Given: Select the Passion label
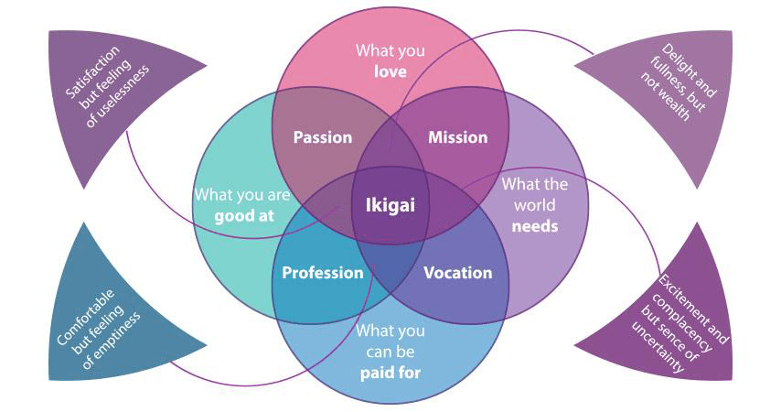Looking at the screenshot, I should pos(322,137).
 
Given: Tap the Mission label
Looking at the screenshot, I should pos(457,137).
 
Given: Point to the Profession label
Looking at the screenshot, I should pos(322,273).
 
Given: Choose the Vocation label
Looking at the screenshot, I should pos(457,273).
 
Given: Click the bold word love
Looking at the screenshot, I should pos(390,70).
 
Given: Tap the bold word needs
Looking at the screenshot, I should pos(534,225).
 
